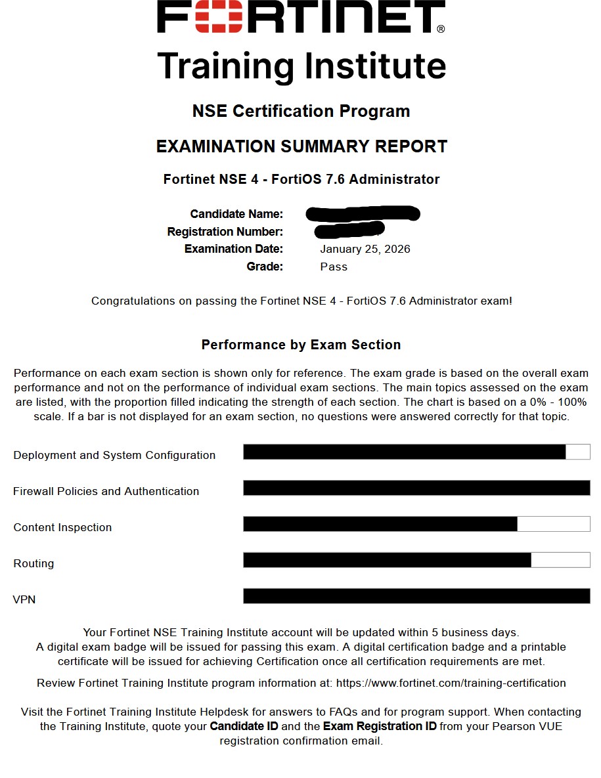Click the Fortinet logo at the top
[x=301, y=18]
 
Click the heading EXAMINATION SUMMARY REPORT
[x=301, y=146]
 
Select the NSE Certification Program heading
[x=301, y=111]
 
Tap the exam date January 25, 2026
[x=365, y=249]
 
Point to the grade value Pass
[x=334, y=267]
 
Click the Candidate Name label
[x=236, y=214]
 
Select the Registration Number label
[x=225, y=232]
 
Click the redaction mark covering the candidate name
[x=363, y=213]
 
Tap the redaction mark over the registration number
[x=349, y=230]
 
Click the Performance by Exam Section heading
[x=301, y=345]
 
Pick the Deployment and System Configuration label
[x=114, y=455]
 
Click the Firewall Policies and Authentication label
[x=106, y=491]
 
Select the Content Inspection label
[x=62, y=527]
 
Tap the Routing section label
[x=33, y=563]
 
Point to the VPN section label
[x=24, y=599]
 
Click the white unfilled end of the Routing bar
[x=560, y=560]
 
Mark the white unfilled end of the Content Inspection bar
[x=553, y=524]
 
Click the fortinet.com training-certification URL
[x=451, y=683]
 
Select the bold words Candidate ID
[x=244, y=726]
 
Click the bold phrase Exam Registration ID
[x=380, y=726]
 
